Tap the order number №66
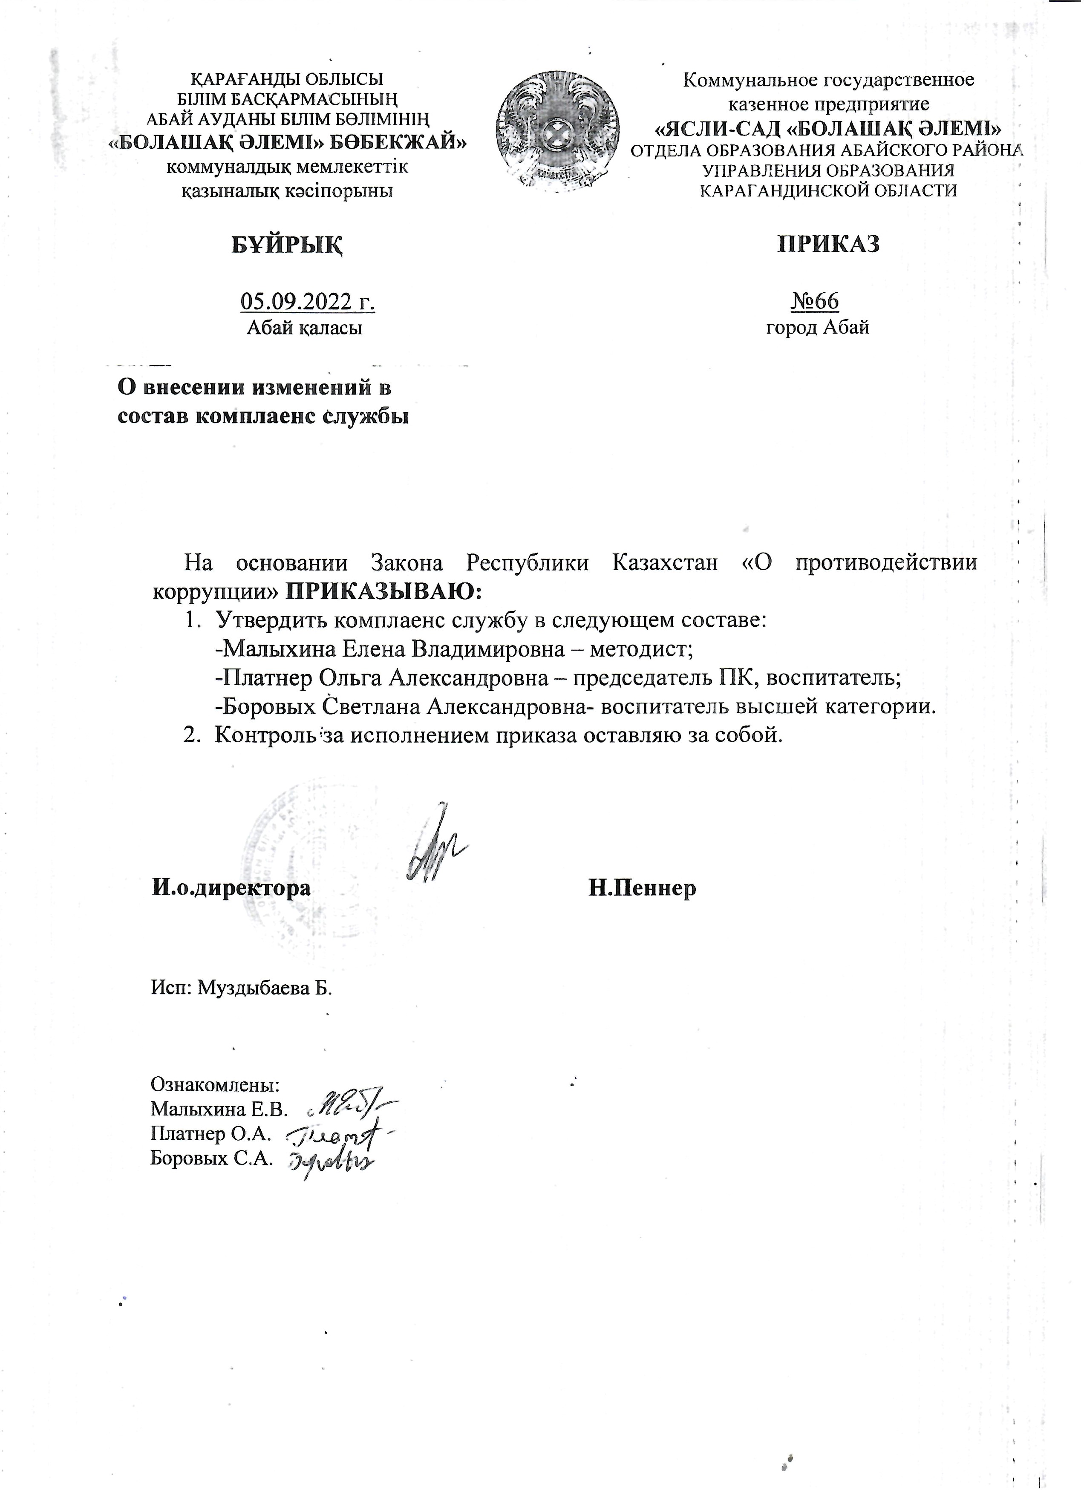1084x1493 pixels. click(814, 302)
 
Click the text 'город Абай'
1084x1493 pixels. click(817, 327)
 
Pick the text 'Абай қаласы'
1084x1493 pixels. click(304, 328)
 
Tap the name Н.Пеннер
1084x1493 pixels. click(642, 889)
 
